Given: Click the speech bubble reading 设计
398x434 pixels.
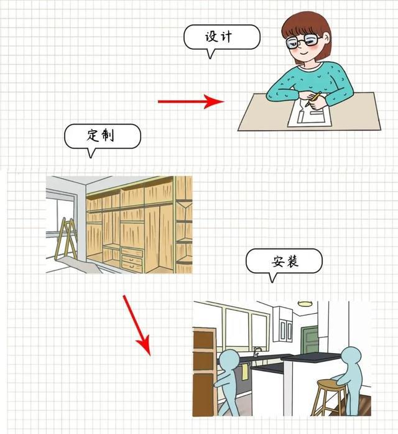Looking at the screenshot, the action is [221, 37].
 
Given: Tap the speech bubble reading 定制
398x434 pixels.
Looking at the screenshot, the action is [102, 136].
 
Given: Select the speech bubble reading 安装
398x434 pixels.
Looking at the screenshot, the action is [284, 262].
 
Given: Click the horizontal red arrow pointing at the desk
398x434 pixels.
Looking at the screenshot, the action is [191, 101].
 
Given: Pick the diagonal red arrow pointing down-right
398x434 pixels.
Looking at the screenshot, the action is [137, 326].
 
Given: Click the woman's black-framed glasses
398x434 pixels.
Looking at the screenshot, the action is [302, 41].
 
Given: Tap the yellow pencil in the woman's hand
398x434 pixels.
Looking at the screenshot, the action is [313, 100].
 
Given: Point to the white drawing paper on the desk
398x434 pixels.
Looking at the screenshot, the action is [310, 114].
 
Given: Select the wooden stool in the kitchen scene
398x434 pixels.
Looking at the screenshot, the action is [330, 397].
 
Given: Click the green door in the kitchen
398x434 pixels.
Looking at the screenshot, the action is [310, 341].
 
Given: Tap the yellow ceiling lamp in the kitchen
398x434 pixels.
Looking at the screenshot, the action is [305, 304].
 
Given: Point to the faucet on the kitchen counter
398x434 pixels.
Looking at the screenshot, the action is [257, 352].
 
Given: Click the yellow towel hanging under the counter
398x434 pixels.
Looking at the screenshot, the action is [245, 372].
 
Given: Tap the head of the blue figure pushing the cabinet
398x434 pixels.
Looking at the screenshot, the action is [229, 360].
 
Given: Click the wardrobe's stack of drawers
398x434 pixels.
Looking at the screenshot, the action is [132, 259].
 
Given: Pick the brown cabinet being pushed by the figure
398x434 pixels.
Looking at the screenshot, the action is [204, 372].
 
